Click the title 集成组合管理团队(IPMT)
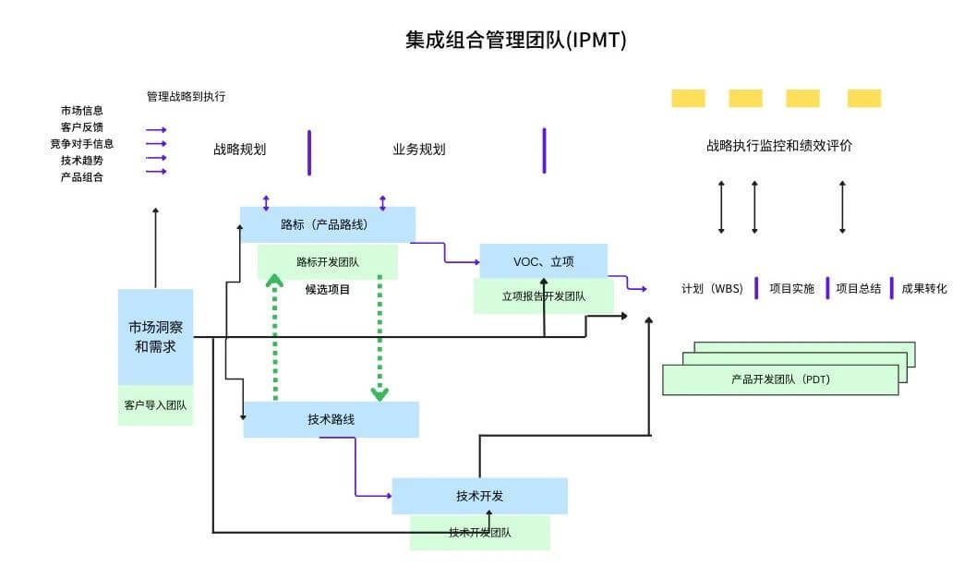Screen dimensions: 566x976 [x=515, y=40]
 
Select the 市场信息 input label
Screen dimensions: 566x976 [x=82, y=111]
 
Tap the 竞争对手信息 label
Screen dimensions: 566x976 [x=82, y=144]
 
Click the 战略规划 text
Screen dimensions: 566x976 [x=240, y=149]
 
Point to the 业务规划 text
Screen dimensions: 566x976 [x=419, y=149]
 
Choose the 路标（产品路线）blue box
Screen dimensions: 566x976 [x=327, y=224]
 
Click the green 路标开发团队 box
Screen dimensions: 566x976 [x=327, y=262]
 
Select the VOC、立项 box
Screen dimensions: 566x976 [x=543, y=261]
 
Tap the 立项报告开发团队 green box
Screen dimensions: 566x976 [x=543, y=297]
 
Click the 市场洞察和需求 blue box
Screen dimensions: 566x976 [x=155, y=336]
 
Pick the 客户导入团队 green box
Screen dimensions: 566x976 [x=155, y=404]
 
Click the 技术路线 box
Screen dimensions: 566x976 [x=331, y=419]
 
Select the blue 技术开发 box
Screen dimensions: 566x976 [x=479, y=496]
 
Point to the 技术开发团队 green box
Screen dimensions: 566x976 [x=479, y=533]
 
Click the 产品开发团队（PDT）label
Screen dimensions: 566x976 [x=779, y=379]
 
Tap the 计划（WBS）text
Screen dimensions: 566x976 [x=712, y=289]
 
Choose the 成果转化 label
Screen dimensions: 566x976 [x=923, y=289]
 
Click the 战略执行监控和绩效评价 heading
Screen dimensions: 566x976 [x=778, y=146]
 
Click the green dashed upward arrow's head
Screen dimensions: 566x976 [x=274, y=280]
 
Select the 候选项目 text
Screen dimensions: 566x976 [x=328, y=289]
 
